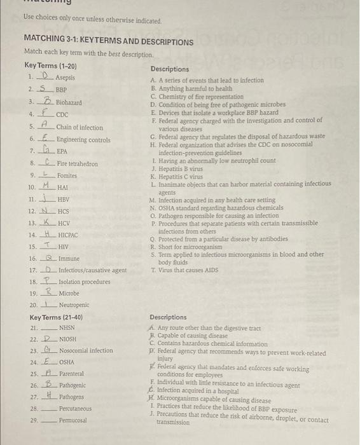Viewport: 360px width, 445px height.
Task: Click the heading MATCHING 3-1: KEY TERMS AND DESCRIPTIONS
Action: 108,42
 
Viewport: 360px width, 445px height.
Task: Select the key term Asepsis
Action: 65,78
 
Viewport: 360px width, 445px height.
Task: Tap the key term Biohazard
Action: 69,102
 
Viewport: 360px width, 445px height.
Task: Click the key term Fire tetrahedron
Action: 77,164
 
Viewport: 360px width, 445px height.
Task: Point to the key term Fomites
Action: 67,175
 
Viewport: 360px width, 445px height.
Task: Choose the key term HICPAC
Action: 67,235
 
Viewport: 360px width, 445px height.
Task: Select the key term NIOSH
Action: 68,339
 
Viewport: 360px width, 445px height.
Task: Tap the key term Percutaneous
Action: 75,409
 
